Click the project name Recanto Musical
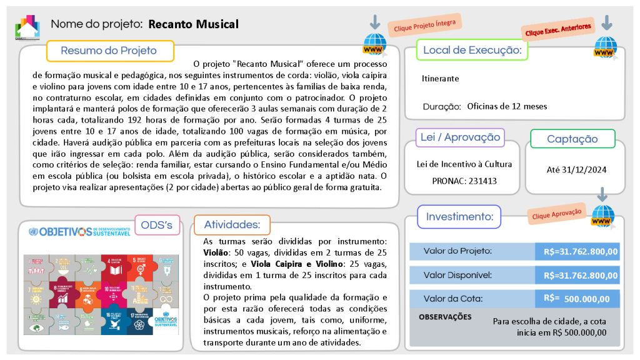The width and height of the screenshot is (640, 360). pos(194,24)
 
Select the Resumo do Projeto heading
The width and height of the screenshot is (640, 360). pos(109,51)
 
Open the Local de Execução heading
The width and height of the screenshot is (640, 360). pos(472,50)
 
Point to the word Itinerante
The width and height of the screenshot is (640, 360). pos(440,79)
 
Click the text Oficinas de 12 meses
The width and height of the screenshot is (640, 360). pos(507,106)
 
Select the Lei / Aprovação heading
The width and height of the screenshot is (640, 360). pos(460,137)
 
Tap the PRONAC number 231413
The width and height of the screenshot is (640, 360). pos(483,181)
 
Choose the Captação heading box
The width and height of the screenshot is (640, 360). pos(572,139)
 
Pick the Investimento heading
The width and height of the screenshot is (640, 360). pos(459,217)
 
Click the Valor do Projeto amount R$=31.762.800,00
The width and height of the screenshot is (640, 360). pos(581,251)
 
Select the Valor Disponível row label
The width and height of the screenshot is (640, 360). pos(457,275)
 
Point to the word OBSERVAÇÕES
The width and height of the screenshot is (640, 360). pos(445,317)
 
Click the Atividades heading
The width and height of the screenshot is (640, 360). pos(232,224)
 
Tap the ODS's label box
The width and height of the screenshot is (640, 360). pos(156,224)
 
